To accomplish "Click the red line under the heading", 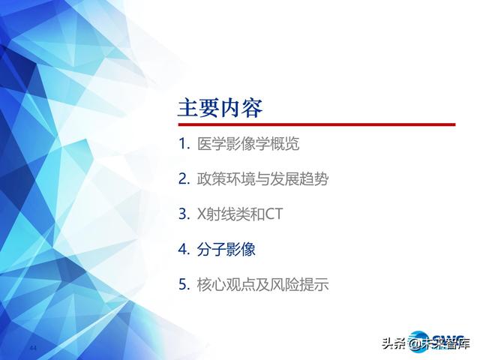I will point(316,124).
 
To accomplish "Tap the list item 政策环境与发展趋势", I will point(262,179).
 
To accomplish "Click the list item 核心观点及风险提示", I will point(262,285).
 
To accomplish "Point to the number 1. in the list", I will point(184,144).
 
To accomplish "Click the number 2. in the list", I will point(184,179).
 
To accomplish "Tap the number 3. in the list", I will point(184,214).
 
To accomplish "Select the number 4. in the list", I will point(184,250).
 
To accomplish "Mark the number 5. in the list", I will point(184,285).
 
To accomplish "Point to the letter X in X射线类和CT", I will point(201,214).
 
